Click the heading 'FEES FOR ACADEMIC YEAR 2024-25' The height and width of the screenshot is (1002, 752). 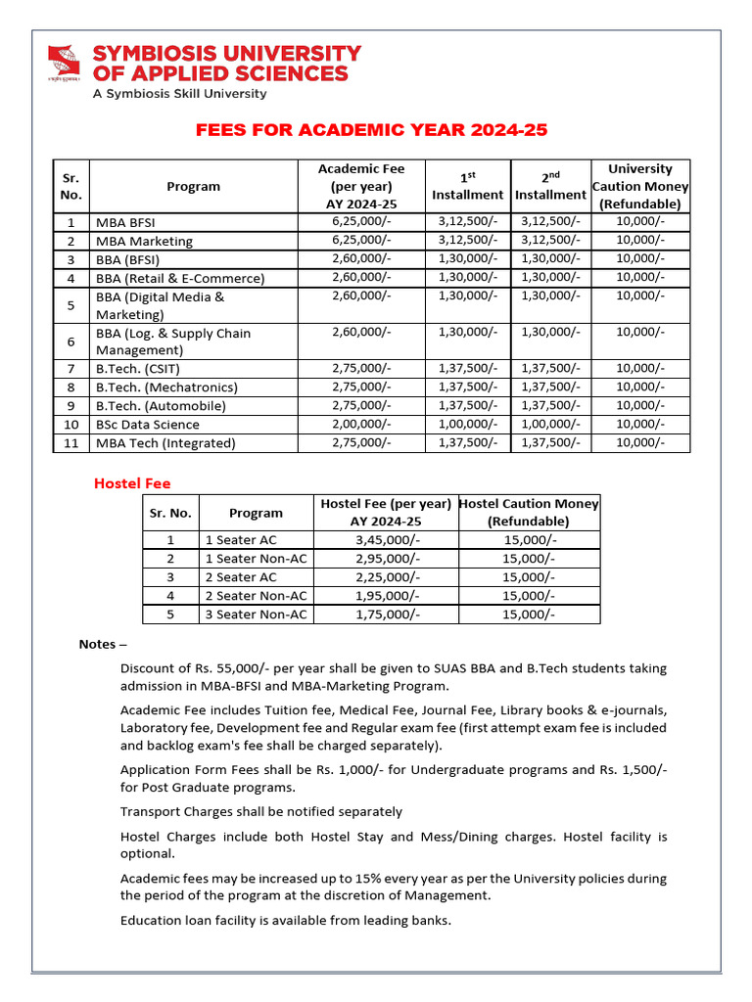click(x=372, y=130)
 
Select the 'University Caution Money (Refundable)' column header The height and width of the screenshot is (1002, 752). click(x=640, y=186)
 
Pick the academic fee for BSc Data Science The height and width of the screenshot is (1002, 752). click(x=361, y=424)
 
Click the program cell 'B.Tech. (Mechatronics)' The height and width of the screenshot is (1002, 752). click(x=166, y=387)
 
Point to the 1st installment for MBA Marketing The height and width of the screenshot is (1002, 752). click(x=468, y=241)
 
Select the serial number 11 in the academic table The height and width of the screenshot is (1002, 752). click(x=70, y=443)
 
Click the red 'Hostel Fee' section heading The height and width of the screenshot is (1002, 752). click(x=132, y=483)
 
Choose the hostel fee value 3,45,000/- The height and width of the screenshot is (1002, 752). click(x=386, y=540)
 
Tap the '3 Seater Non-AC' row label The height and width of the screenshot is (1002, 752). click(x=256, y=615)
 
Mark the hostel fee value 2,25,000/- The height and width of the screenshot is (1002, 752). click(x=386, y=577)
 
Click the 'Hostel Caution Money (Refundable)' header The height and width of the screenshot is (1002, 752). click(x=529, y=512)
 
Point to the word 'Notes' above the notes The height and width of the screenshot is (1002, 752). click(x=97, y=645)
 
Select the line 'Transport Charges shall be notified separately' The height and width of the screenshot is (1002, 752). click(x=260, y=811)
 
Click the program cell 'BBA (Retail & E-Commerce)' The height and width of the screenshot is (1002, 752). click(x=180, y=278)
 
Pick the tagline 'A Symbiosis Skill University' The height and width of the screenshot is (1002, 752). click(x=179, y=93)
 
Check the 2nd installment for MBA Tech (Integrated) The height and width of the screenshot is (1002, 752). click(x=550, y=443)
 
